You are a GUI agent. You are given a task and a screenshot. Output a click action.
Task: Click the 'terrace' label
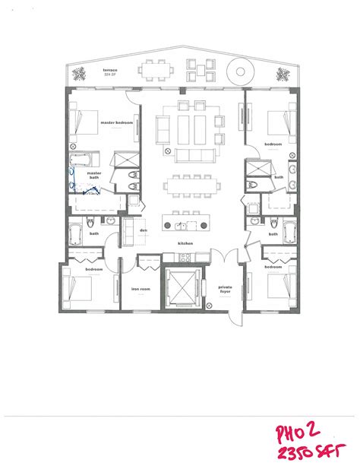110,68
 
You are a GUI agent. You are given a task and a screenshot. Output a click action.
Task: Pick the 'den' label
141,231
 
